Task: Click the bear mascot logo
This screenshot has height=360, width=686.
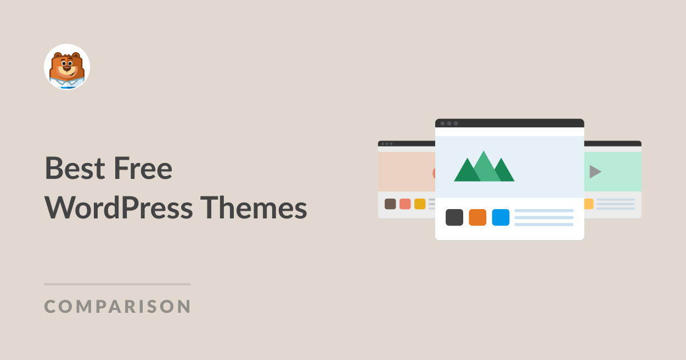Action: tap(67, 67)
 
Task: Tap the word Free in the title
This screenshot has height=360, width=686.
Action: tap(143, 168)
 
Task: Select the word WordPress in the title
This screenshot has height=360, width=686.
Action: tap(119, 208)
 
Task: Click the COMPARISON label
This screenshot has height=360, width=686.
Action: tap(117, 306)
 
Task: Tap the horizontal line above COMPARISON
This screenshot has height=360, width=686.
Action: tap(117, 284)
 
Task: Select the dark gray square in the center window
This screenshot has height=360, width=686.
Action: tap(454, 217)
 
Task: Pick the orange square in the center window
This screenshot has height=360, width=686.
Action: tap(477, 217)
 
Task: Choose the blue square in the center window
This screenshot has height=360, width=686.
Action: tap(501, 217)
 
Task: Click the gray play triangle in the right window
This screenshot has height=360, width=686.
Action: tap(595, 172)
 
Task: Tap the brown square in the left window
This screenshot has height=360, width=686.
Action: tap(390, 204)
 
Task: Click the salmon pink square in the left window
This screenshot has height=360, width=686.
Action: tap(405, 204)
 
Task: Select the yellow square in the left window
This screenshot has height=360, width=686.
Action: tap(420, 204)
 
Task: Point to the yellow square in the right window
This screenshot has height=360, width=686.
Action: tap(589, 204)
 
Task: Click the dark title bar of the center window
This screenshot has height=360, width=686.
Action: tap(509, 123)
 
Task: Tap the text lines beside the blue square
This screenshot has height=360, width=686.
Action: tap(544, 217)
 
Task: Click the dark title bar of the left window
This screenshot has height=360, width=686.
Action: tap(406, 143)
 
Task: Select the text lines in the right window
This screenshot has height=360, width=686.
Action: tap(615, 204)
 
